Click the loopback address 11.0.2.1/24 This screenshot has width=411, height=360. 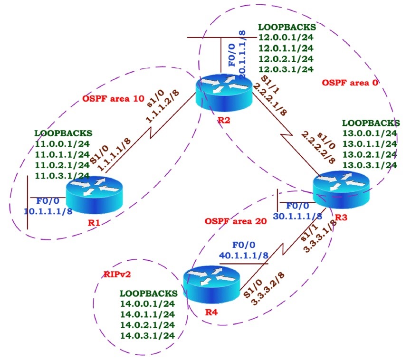[62, 165]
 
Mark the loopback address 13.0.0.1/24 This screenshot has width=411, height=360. [369, 133]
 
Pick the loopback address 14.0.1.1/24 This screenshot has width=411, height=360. [147, 314]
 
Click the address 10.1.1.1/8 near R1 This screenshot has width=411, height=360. [48, 211]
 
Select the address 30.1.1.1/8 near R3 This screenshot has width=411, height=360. [297, 216]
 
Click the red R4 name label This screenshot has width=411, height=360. [210, 313]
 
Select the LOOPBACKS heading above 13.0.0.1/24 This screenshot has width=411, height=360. [371, 123]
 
